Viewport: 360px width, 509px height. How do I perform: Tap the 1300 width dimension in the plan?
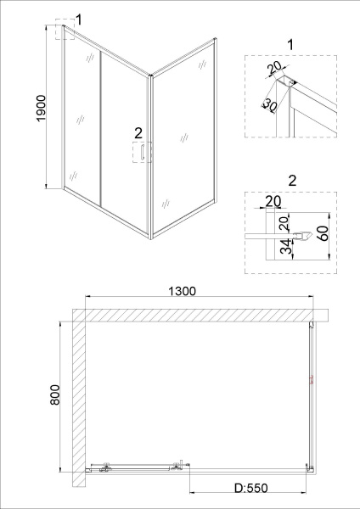coord(182,291)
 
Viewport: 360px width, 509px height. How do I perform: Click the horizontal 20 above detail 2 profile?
coord(273,201)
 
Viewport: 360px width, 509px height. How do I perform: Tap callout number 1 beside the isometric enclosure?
coord(79,19)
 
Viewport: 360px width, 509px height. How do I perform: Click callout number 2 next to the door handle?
coord(138,132)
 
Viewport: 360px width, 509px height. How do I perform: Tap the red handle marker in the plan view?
coord(311,379)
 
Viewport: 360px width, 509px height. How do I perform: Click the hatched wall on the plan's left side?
coord(77,399)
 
